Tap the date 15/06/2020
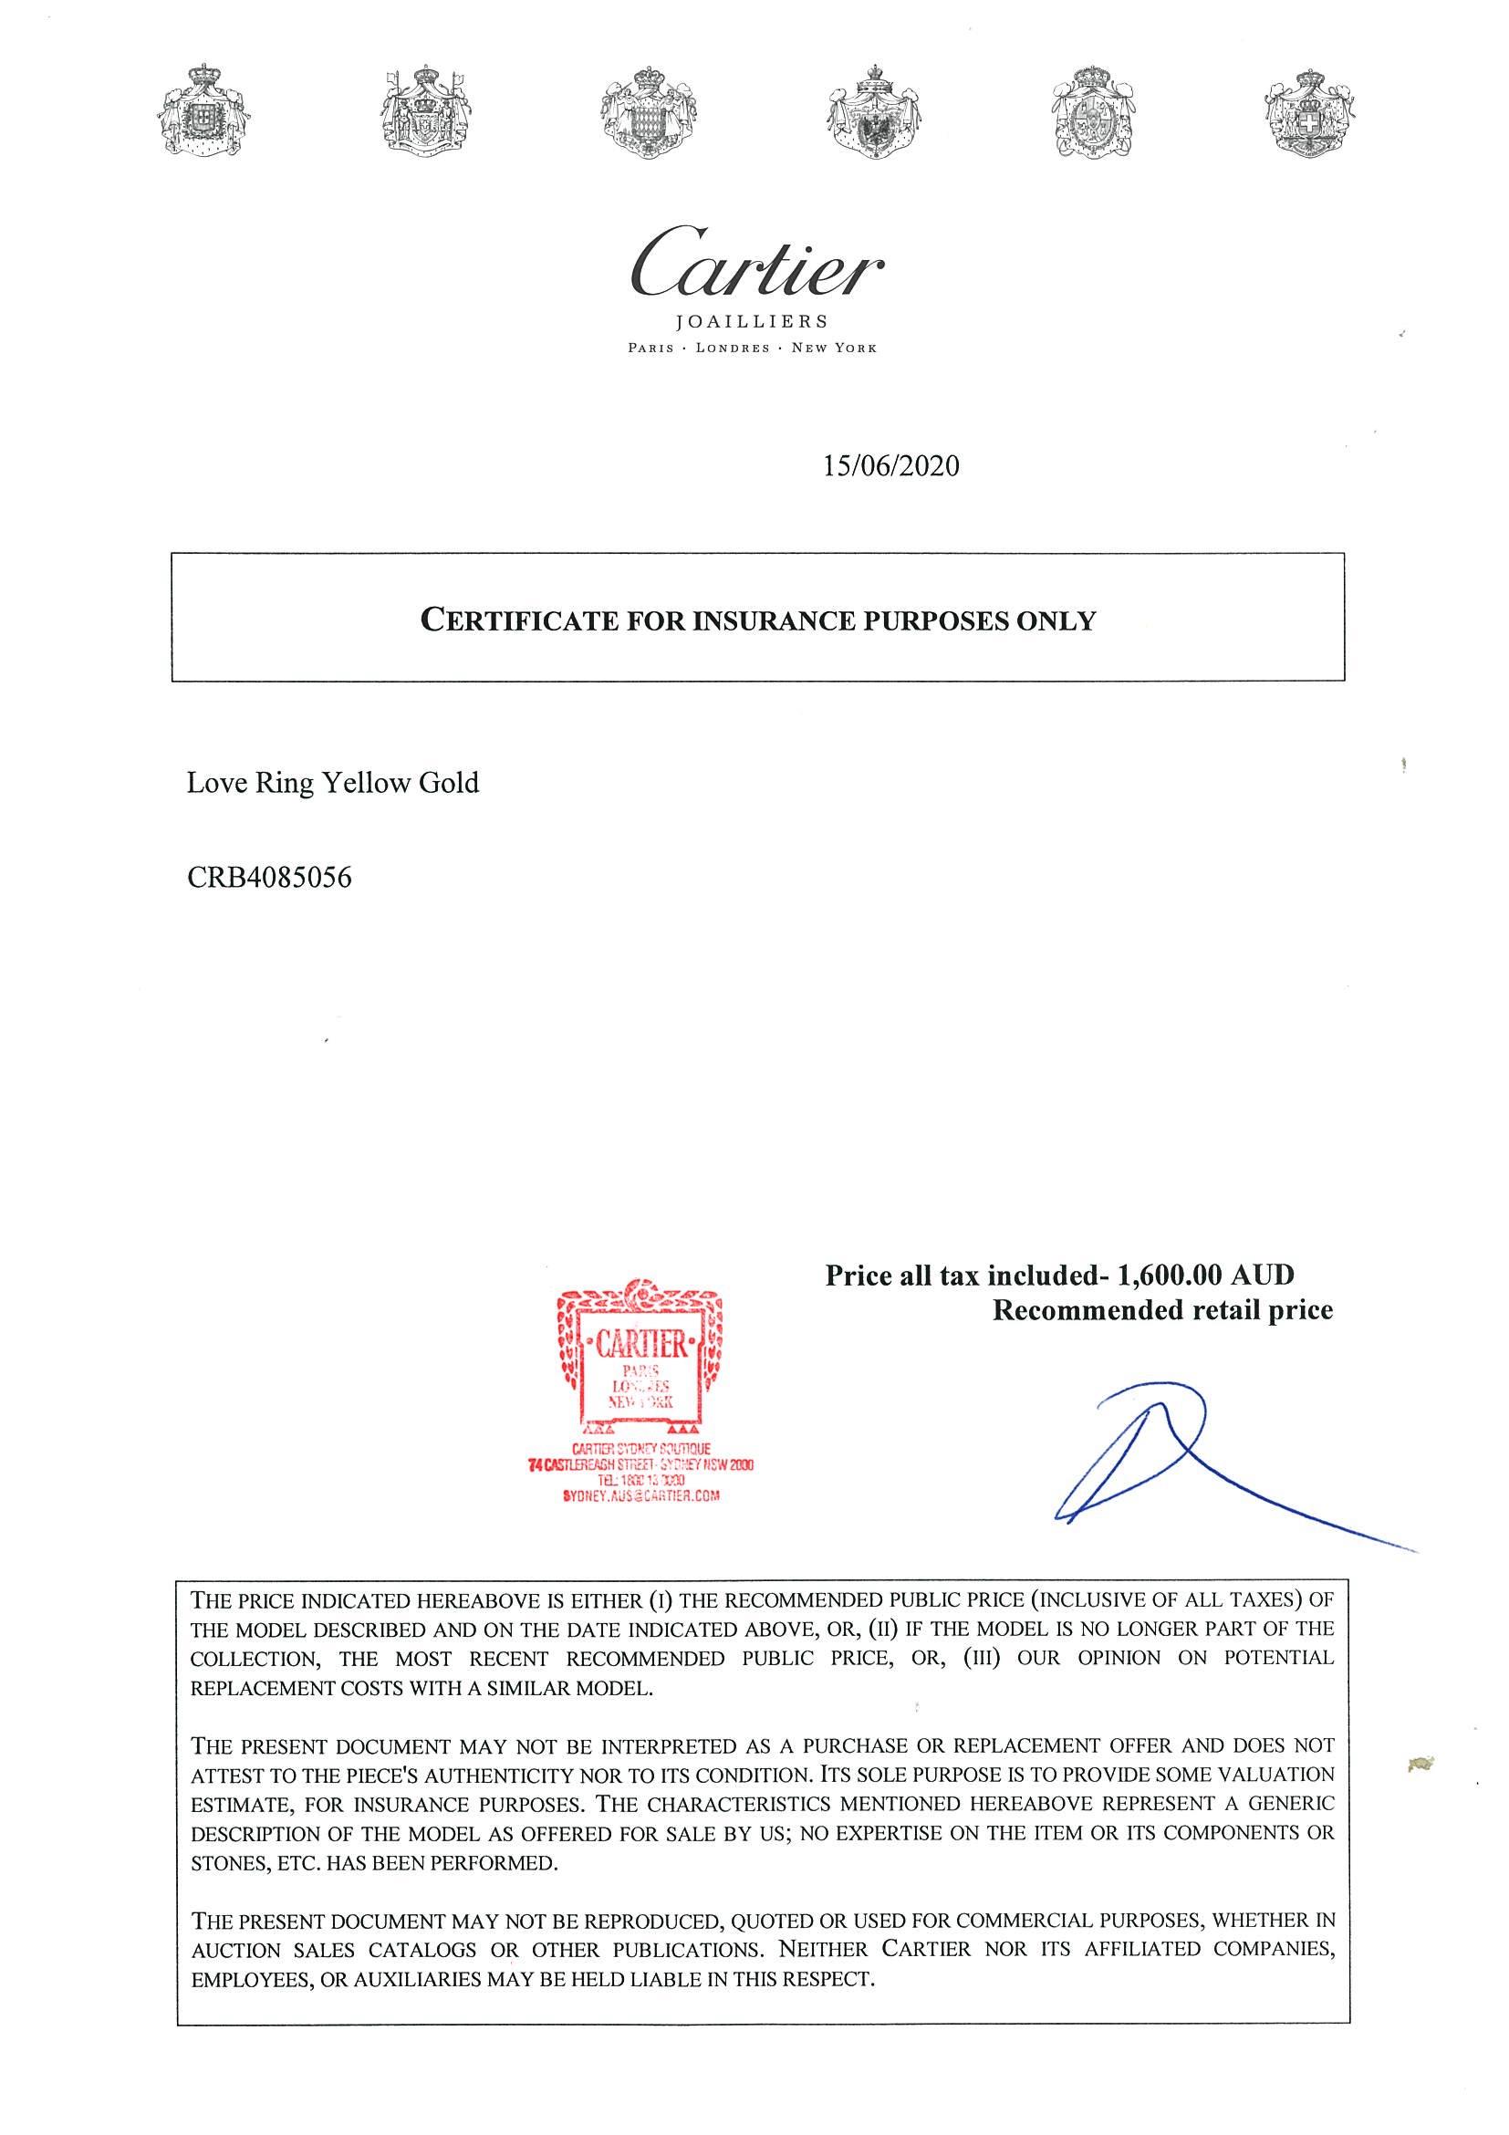(890, 465)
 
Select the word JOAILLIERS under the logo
(752, 322)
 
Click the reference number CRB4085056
(270, 877)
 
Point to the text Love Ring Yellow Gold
(333, 783)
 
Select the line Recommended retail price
(1162, 1310)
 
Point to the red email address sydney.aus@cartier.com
(640, 1496)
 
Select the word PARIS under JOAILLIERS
(650, 349)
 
